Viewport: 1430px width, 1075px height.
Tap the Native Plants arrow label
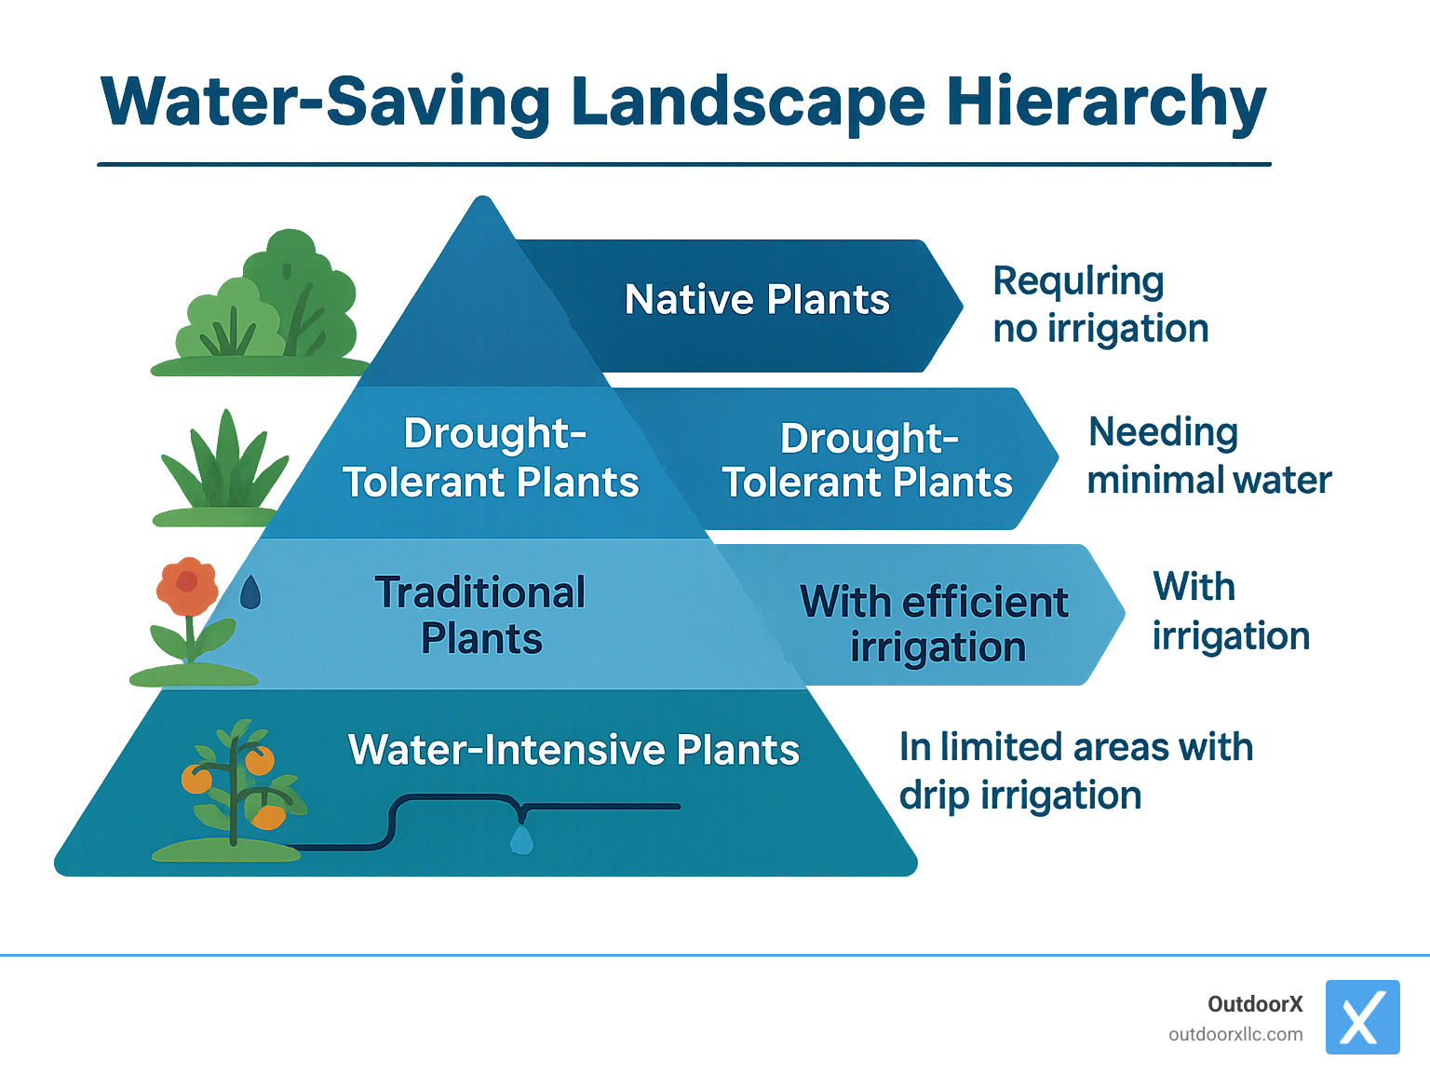tap(757, 300)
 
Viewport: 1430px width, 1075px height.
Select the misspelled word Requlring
tap(1078, 280)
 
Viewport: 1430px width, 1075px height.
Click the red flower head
tap(187, 585)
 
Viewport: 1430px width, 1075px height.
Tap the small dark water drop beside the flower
tap(250, 592)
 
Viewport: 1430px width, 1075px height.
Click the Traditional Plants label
tap(480, 616)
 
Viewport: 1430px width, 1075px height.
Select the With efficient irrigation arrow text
tap(935, 624)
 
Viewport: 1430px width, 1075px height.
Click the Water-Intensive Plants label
tap(573, 750)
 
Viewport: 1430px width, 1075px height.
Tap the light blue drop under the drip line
tap(521, 840)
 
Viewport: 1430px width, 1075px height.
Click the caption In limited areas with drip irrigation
tap(1074, 771)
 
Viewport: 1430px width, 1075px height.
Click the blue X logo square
tap(1362, 1016)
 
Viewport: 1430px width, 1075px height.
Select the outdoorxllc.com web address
tap(1235, 1034)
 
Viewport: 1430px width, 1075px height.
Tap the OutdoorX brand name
tap(1254, 1004)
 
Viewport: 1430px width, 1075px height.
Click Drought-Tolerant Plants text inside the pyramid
tap(491, 458)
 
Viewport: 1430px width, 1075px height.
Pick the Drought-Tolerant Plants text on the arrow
tap(868, 461)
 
